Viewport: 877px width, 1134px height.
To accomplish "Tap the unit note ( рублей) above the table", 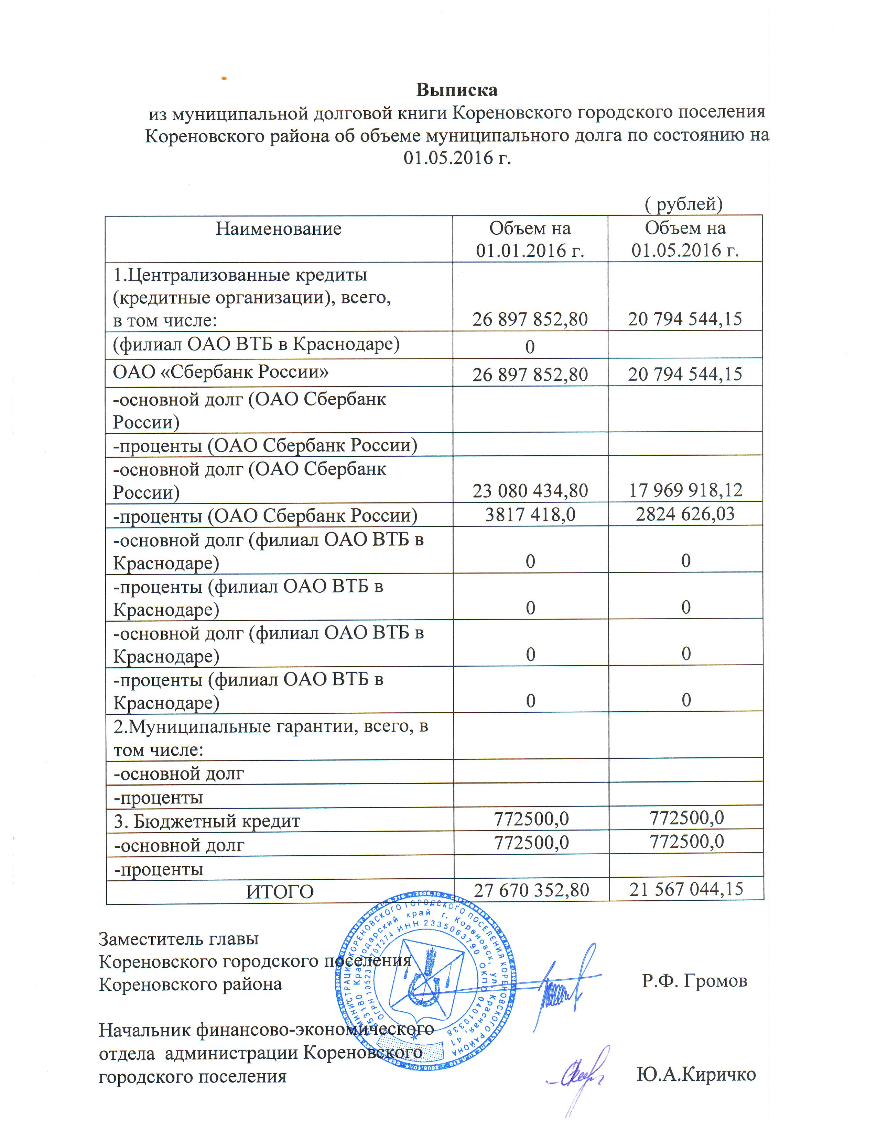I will [683, 204].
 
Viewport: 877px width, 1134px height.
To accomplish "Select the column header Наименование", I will [279, 229].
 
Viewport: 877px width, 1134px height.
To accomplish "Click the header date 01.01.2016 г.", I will [530, 251].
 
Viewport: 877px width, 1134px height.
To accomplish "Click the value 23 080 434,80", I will [530, 491].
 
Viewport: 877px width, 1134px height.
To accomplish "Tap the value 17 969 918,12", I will [686, 490].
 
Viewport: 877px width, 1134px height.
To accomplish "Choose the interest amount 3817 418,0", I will [530, 514].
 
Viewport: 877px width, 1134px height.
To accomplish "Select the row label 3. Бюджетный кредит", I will [207, 821].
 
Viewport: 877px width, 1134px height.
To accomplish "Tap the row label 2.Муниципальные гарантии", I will [270, 726].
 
